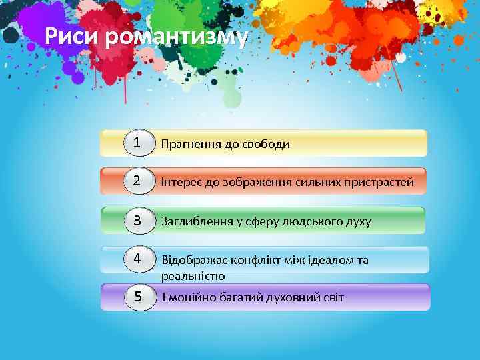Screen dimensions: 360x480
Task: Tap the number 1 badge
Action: click(137, 143)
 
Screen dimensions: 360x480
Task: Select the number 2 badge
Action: click(137, 181)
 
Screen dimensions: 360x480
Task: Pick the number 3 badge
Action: click(137, 220)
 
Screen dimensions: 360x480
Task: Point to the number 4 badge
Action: click(137, 259)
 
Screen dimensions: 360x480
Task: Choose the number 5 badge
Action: click(138, 297)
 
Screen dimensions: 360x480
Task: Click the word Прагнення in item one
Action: click(190, 144)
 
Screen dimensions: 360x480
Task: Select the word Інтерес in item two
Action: click(182, 182)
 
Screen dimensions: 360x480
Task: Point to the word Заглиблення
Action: click(195, 221)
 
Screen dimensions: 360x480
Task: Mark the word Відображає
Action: click(193, 260)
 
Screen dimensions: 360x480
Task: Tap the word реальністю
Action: click(193, 275)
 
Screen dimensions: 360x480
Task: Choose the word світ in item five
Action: click(331, 297)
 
